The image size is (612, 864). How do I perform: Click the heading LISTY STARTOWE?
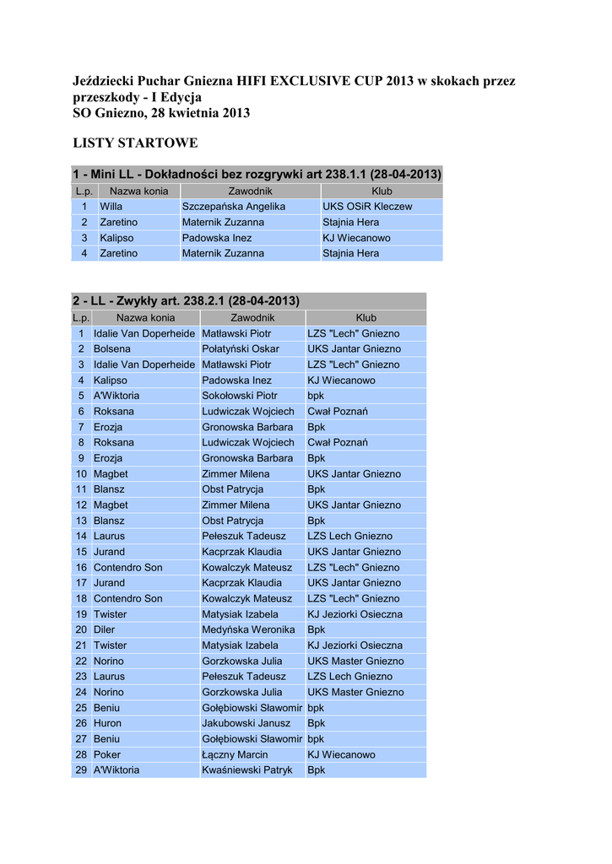[135, 143]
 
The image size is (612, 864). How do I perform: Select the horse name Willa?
[111, 207]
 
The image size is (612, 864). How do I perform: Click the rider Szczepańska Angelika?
[234, 207]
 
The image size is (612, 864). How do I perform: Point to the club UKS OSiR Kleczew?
[367, 207]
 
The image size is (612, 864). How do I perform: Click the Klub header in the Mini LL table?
[382, 192]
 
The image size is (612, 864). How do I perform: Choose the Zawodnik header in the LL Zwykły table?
[252, 318]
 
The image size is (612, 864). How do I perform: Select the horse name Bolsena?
[112, 349]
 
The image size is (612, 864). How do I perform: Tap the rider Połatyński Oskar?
[241, 349]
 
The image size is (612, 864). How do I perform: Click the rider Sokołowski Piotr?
[240, 396]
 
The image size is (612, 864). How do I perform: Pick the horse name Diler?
[104, 629]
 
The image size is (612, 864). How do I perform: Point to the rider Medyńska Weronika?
[248, 629]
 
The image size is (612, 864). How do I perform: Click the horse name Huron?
[107, 723]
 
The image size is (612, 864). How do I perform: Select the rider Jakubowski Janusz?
[246, 723]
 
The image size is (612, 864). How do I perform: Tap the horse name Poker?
[107, 754]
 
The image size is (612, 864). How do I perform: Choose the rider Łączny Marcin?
[235, 754]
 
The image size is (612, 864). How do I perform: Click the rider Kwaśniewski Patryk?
[247, 770]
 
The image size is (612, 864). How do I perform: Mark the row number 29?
[81, 770]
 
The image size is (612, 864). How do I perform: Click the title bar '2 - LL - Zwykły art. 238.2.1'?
[186, 301]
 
